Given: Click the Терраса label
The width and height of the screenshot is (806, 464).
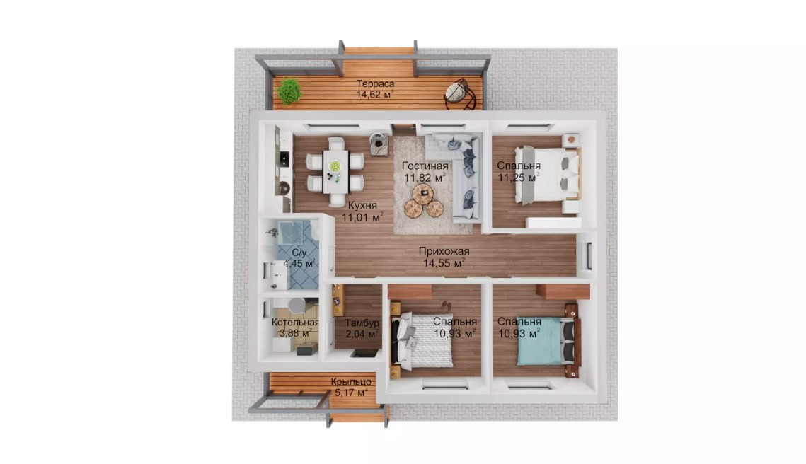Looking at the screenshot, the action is [375, 83].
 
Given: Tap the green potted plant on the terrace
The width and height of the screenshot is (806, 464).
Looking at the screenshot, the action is [289, 91].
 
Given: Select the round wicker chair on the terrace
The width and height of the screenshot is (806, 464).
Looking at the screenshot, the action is [461, 93].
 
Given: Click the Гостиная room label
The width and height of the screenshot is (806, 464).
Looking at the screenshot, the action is [425, 166].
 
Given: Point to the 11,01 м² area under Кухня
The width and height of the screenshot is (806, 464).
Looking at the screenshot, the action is [362, 217].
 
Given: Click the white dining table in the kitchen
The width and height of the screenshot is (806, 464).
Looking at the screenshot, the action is [335, 171].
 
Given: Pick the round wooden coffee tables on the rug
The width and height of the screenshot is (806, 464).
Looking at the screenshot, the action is [423, 201].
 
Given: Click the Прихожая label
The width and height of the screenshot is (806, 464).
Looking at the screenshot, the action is [444, 251].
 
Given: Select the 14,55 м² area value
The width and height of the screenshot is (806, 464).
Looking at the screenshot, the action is [444, 263].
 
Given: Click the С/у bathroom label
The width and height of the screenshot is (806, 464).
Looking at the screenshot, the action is [299, 253].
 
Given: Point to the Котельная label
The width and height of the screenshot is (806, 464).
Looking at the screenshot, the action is [295, 322].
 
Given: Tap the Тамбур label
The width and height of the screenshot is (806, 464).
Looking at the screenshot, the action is [362, 323].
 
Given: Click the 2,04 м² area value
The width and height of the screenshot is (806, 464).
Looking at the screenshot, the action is [362, 334].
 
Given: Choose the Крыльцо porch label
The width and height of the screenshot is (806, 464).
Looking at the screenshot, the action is [351, 382].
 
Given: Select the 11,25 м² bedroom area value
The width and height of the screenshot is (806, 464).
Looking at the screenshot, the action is [519, 178].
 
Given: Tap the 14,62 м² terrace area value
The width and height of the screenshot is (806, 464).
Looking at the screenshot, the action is [375, 95].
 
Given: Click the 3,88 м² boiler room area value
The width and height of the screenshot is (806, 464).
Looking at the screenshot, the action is [295, 333].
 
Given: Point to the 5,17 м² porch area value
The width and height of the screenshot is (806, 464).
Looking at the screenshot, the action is [351, 393].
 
